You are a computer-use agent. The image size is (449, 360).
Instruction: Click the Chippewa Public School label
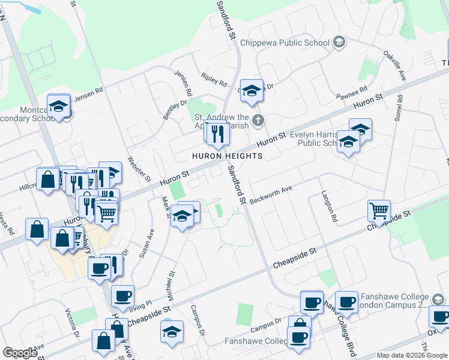click(x=285, y=43)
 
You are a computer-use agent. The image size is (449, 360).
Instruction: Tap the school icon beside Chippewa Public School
click(x=339, y=42)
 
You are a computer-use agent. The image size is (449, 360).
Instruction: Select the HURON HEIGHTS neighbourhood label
click(x=227, y=156)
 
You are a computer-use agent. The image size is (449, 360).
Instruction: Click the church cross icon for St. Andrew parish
click(x=258, y=121)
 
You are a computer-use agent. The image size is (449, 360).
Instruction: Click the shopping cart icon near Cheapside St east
click(x=379, y=211)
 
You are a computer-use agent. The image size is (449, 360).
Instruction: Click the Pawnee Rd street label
click(x=352, y=95)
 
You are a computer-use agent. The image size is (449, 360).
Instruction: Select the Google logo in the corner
click(x=20, y=353)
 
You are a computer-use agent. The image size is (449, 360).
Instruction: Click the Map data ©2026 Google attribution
click(x=411, y=355)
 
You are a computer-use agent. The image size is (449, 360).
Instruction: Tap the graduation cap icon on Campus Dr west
click(x=172, y=332)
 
